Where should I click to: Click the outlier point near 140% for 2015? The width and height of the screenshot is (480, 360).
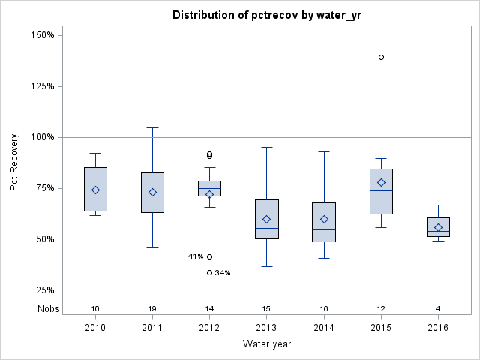(x=381, y=57)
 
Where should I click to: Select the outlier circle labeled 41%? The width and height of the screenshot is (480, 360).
(x=210, y=256)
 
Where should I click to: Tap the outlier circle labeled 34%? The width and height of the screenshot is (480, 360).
(x=210, y=273)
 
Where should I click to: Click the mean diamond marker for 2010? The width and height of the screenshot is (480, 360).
(x=95, y=190)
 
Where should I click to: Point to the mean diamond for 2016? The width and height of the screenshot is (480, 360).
(x=439, y=227)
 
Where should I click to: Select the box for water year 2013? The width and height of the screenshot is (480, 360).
(x=267, y=218)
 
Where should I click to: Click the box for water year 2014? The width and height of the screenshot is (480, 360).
(x=324, y=222)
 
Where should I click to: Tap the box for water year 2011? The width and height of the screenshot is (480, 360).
(x=152, y=193)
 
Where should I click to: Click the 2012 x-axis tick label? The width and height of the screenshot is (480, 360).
(x=209, y=328)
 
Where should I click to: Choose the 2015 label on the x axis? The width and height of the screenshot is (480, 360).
(x=381, y=328)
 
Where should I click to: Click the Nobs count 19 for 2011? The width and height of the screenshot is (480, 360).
(x=152, y=309)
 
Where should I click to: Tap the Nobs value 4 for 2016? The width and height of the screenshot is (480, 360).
(x=439, y=309)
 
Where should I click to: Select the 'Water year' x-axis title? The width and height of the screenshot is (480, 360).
(x=266, y=344)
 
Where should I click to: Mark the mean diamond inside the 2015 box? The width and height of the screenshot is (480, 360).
(x=381, y=182)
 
